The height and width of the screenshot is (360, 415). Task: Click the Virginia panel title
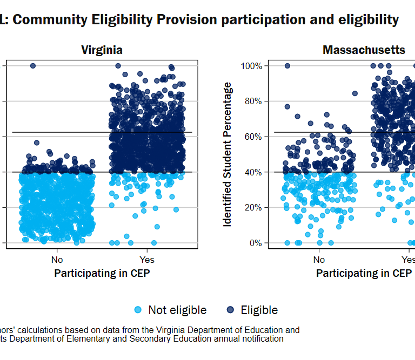pos(102,50)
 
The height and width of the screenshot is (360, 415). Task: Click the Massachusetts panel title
pos(364,50)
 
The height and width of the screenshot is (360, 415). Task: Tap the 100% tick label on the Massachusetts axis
pos(251,66)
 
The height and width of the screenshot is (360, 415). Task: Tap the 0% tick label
pos(255,243)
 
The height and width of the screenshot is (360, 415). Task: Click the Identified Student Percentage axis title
pos(228,154)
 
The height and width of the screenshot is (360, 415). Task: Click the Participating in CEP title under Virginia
pos(102,273)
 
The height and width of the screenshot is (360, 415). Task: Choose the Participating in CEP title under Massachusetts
pos(364,273)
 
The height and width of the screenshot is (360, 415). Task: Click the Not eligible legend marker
pos(138,310)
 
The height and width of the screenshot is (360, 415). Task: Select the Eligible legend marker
pos(231,310)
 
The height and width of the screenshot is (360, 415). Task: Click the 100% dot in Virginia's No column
pos(32,66)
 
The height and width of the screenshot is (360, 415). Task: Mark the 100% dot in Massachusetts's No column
pos(287,66)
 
